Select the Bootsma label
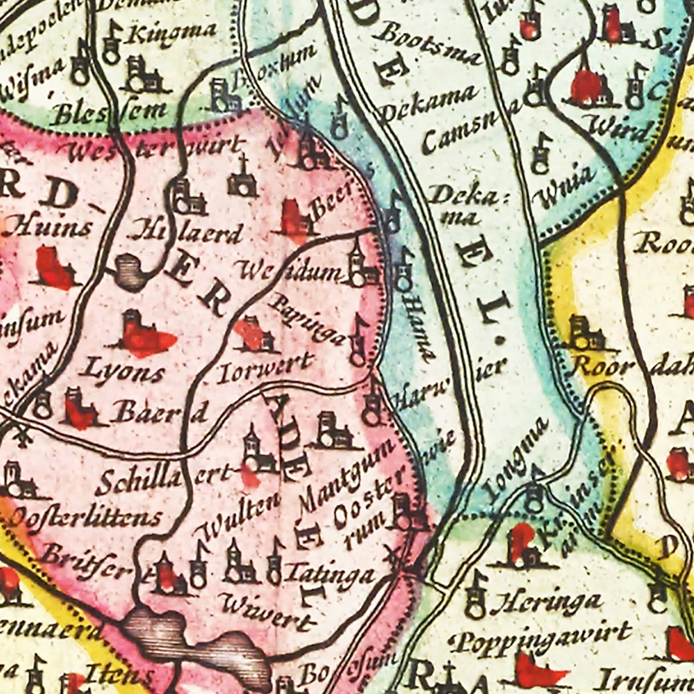pyautogui.click(x=433, y=46)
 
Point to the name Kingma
pyautogui.click(x=171, y=32)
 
